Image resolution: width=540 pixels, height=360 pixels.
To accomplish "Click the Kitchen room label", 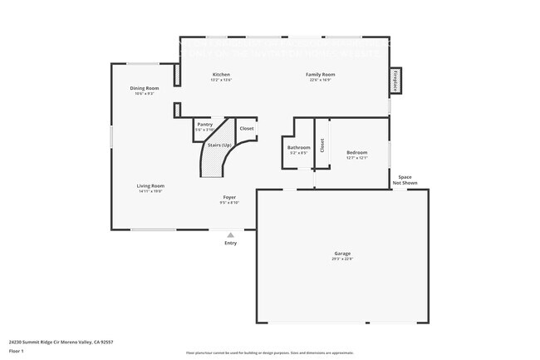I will pos(221,75).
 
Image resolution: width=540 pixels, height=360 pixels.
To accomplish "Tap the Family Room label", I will pos(322,75).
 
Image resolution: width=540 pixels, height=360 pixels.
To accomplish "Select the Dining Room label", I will pos(144,88).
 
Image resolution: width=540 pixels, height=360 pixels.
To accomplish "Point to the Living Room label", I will pos(151,185).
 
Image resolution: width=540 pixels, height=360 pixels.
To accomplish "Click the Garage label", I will pos(342,253).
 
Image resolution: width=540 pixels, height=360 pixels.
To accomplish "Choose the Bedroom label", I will pos(357,152).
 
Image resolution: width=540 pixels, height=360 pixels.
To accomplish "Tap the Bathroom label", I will pos(298,147).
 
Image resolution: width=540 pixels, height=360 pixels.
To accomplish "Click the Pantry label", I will pos(204,124).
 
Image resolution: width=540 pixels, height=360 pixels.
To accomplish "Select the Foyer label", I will pos(229,197).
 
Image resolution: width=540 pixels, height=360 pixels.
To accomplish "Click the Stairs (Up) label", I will pos(219,145).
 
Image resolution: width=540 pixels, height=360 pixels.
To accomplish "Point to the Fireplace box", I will pos(395,82).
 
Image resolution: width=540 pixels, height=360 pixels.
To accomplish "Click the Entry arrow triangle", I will pos(230,234).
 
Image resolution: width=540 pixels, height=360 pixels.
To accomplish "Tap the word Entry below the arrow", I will pos(230,243).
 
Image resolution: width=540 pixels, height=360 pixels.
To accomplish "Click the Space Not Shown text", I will pos(405,180).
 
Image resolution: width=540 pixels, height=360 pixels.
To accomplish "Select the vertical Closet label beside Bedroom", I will pos(322,145).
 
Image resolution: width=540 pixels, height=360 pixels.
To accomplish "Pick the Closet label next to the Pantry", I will pos(247,129).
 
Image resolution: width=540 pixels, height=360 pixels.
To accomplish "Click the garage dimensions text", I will pos(342,259).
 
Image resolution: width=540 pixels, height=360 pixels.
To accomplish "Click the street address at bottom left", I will pos(61,342).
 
